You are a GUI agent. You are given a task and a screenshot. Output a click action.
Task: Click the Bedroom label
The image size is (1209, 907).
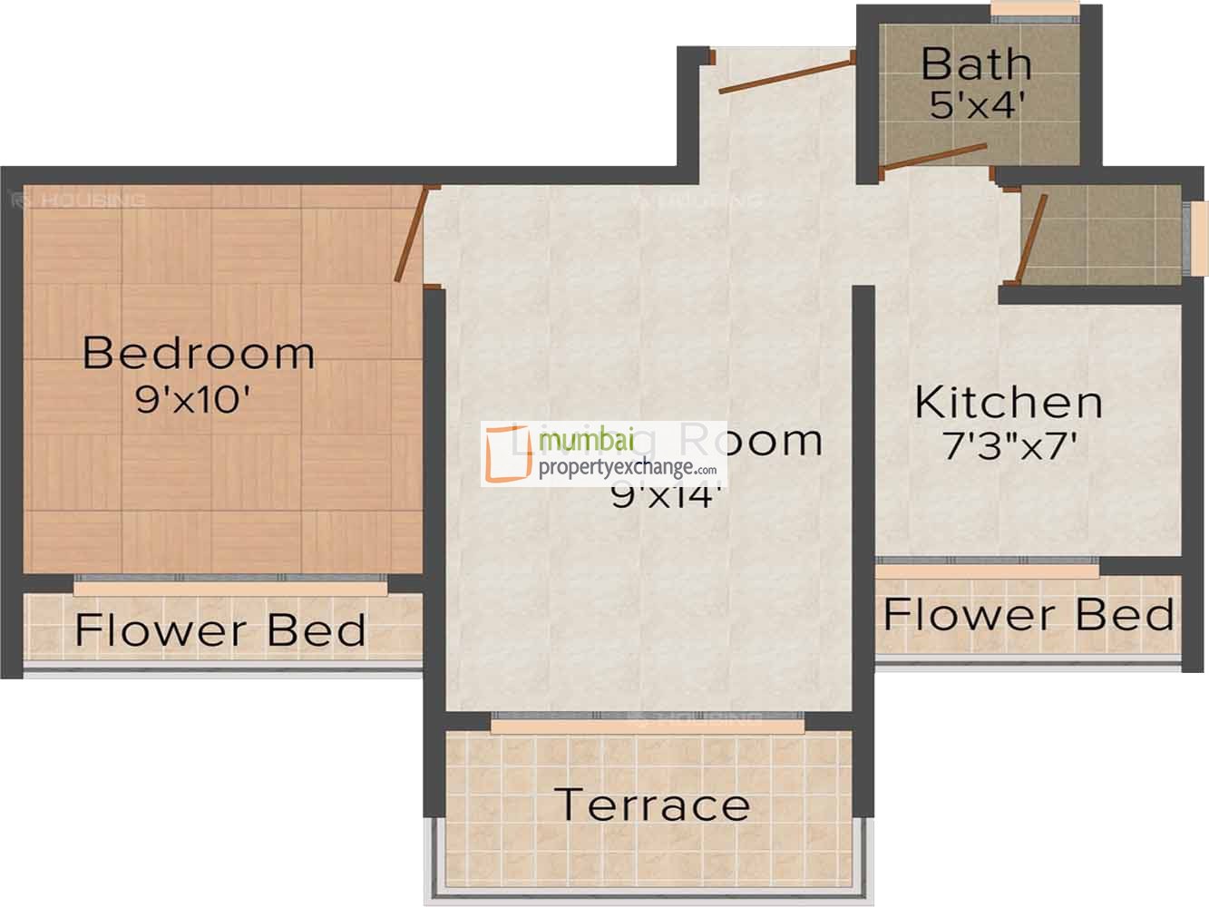(199, 353)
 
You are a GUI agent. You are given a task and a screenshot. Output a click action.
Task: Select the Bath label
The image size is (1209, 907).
(976, 64)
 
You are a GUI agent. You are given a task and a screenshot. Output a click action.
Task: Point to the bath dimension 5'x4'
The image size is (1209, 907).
(977, 105)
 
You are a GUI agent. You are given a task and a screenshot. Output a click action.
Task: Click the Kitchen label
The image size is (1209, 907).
(1008, 403)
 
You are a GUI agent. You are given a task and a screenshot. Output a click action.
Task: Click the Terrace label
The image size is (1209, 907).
(651, 805)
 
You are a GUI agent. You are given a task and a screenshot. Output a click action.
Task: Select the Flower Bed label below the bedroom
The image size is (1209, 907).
(220, 629)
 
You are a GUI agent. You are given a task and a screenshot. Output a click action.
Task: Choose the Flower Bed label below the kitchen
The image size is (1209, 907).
(1029, 615)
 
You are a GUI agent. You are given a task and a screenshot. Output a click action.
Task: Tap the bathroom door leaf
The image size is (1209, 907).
(934, 156)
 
